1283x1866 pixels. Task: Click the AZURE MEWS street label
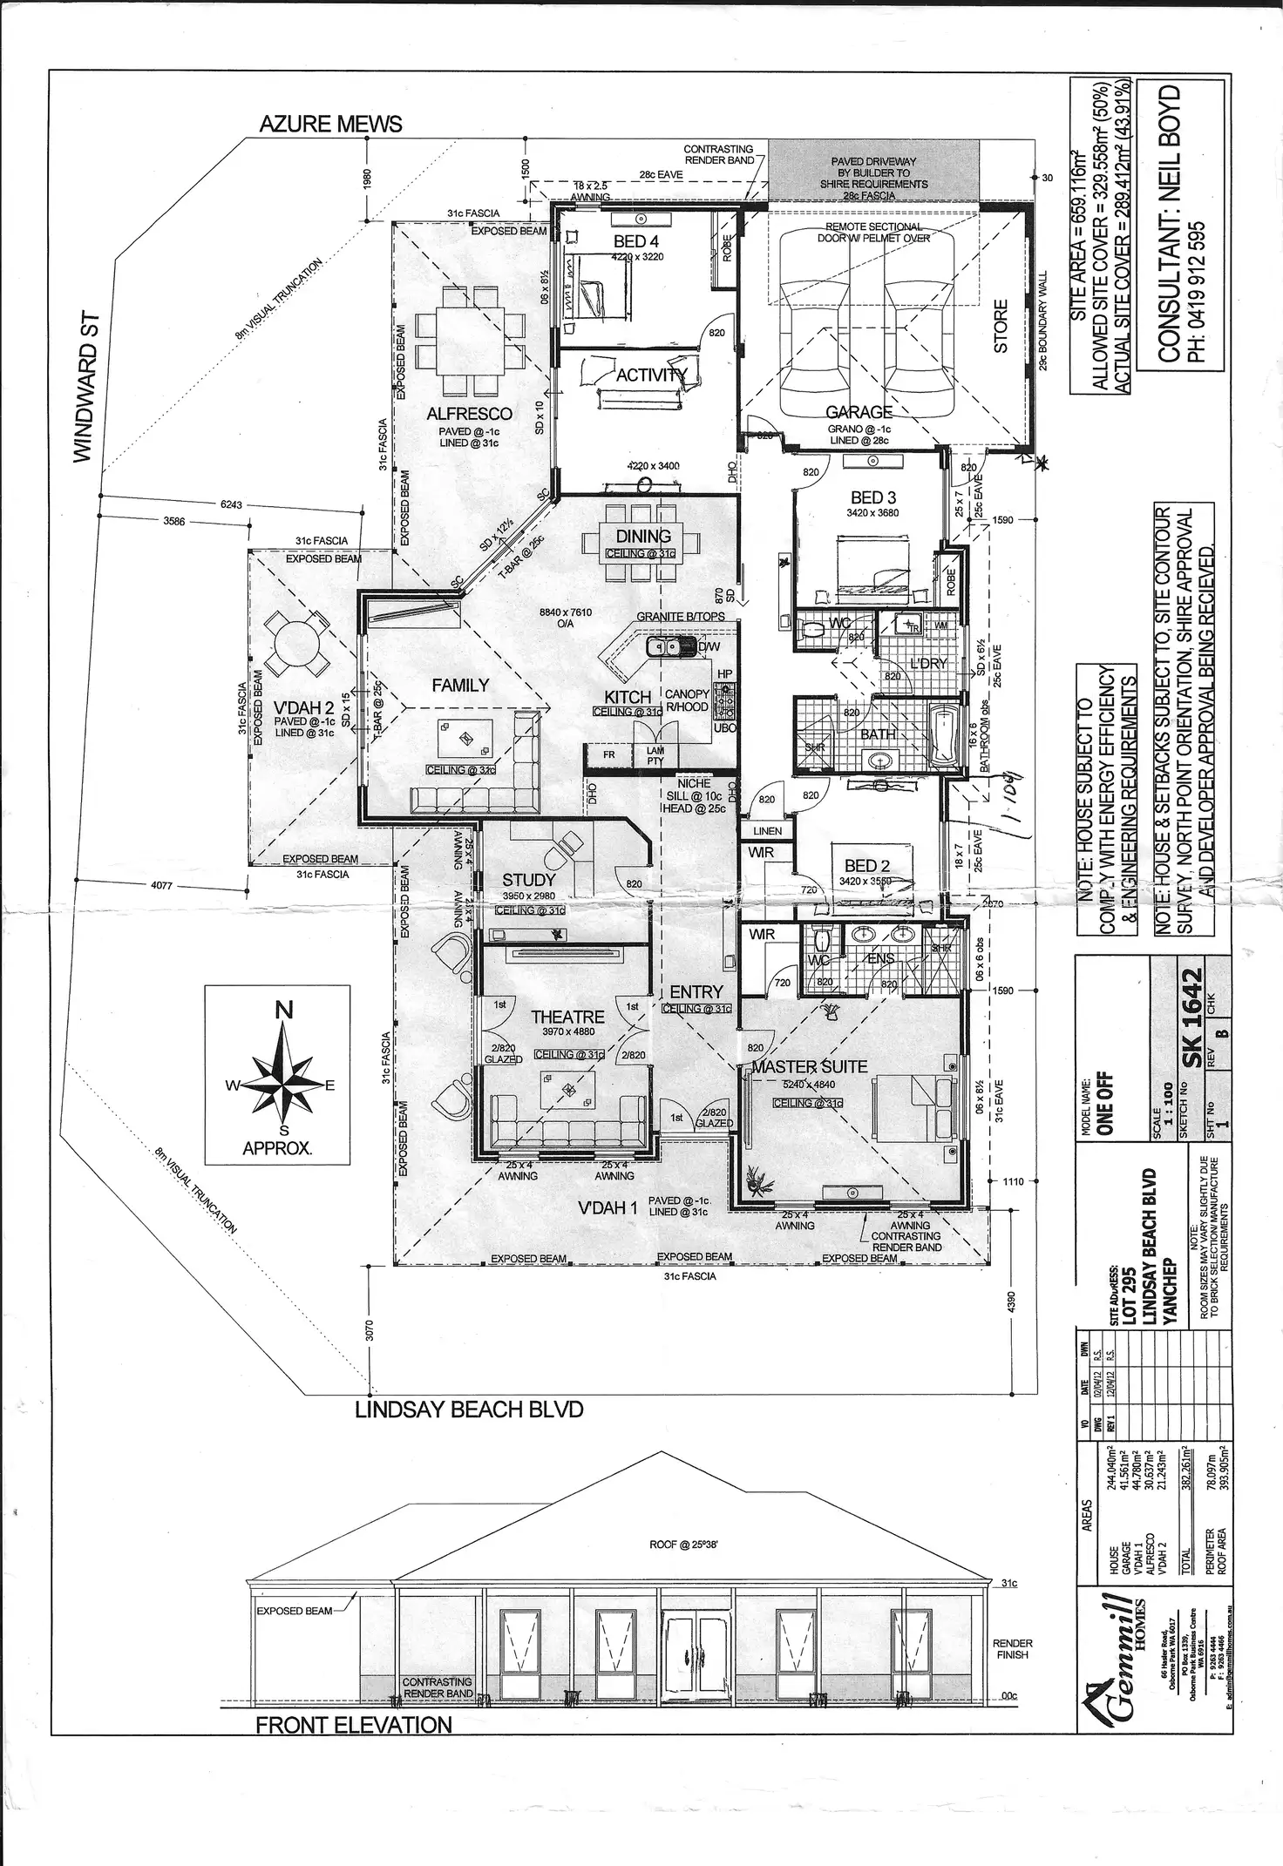click(x=330, y=124)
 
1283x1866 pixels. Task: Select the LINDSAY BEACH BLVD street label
click(x=468, y=1410)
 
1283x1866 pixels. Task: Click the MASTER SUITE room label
click(x=810, y=1066)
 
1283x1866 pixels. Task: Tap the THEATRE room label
click(x=567, y=1017)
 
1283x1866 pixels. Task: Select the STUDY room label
click(x=528, y=880)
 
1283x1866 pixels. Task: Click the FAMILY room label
click(x=460, y=686)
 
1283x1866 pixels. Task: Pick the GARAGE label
click(x=859, y=412)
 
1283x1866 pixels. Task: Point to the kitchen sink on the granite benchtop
click(x=664, y=646)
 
